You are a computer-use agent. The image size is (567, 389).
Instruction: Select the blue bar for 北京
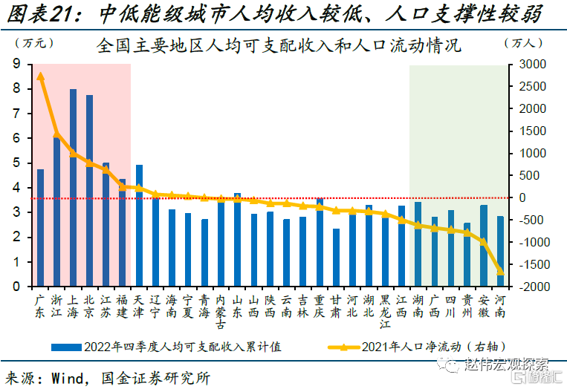[89, 190]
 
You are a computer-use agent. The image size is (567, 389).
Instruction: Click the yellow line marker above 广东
[40, 76]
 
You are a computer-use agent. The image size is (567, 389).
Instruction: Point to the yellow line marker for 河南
[500, 272]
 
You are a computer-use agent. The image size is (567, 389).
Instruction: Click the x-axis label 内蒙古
[221, 312]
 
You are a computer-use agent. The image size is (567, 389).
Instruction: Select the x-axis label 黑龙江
[385, 312]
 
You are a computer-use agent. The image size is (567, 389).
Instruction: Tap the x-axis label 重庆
[320, 307]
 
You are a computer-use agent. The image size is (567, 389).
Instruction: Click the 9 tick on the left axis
[16, 65]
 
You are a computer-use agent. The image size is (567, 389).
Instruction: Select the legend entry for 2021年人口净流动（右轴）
[424, 346]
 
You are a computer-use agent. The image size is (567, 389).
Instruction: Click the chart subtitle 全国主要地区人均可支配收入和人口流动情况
[279, 46]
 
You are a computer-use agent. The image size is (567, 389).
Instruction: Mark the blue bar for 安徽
[484, 246]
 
